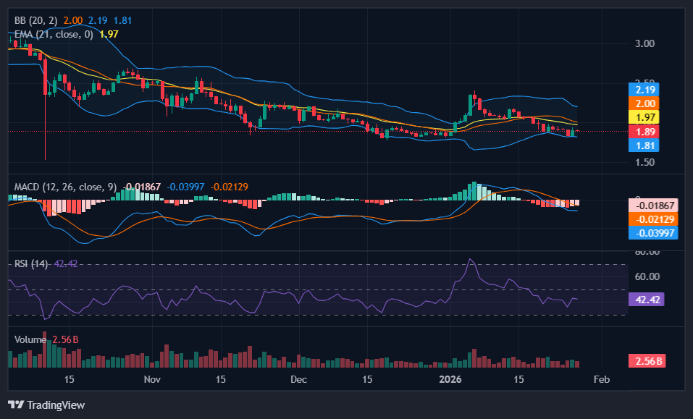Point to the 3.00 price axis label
pos(644,43)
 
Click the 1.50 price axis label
pos(644,162)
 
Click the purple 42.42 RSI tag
pos(645,300)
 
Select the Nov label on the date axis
pos(151,379)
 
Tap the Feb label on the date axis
pos(601,379)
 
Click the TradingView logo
pos(46,405)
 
